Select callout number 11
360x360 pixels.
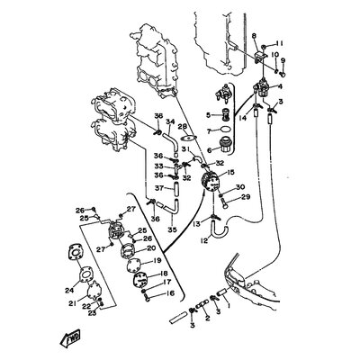click(x=280, y=43)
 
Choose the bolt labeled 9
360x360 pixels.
click(x=283, y=70)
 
